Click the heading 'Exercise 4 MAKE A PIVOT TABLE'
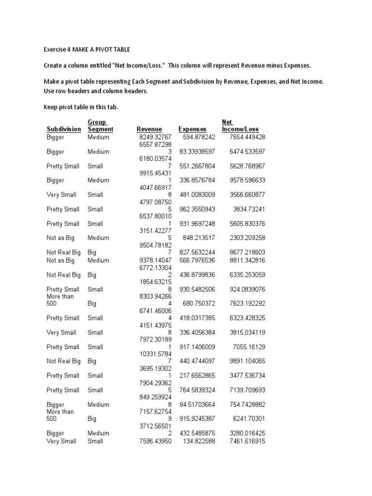coord(86,49)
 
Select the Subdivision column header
coord(63,129)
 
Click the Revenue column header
coord(149,129)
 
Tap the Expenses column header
coord(192,129)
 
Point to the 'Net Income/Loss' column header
coord(240,126)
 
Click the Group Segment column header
coord(100,126)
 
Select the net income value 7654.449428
coord(244,137)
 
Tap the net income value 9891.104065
coord(244,361)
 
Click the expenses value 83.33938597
coord(193,152)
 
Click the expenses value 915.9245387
coord(193,418)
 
